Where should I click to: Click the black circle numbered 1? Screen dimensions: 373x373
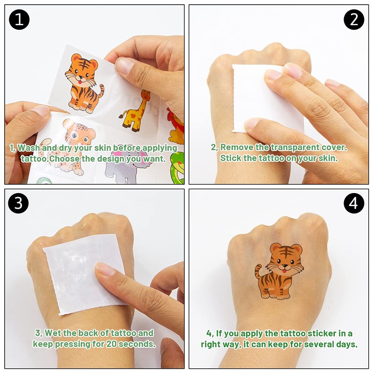(x=20, y=19)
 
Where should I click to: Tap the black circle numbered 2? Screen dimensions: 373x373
(x=354, y=19)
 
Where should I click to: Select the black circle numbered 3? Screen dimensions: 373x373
(x=20, y=203)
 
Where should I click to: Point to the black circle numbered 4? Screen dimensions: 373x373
(x=354, y=203)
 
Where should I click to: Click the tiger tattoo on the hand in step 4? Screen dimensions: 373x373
(x=280, y=270)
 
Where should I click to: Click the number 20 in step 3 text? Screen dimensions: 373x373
(x=111, y=344)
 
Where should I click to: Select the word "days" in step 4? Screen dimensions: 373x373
(x=347, y=345)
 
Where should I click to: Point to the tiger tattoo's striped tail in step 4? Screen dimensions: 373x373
(x=259, y=273)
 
